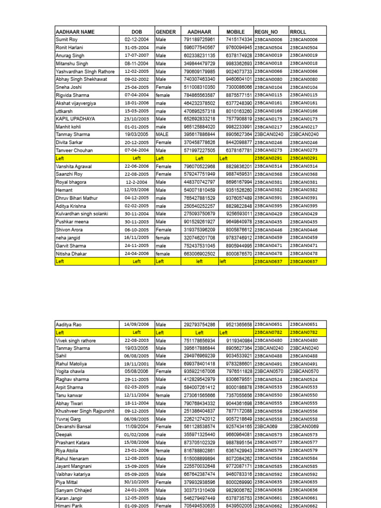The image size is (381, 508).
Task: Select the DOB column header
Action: (x=136, y=32)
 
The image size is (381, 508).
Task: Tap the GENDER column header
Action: (x=166, y=32)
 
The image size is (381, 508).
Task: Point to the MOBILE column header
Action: (x=236, y=32)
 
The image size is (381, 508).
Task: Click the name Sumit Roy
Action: (x=67, y=40)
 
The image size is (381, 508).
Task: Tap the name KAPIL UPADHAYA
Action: (x=76, y=119)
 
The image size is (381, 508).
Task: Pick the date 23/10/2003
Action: (x=136, y=119)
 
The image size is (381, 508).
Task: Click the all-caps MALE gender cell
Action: (x=162, y=134)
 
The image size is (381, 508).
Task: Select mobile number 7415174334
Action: (x=239, y=40)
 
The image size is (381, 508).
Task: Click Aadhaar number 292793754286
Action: (x=199, y=324)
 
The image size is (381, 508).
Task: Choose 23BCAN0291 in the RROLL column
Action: (x=304, y=158)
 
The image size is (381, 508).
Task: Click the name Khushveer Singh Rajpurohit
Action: (x=85, y=411)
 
